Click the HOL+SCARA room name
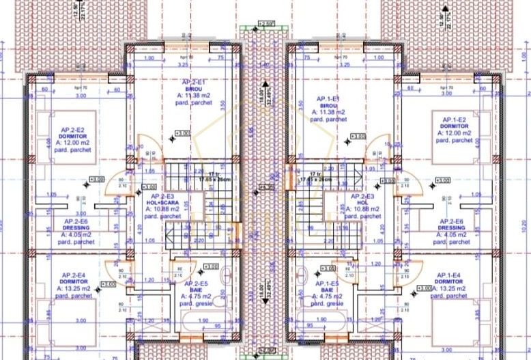(x=160, y=203)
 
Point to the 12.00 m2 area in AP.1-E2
(x=453, y=133)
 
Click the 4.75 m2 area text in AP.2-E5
(x=196, y=296)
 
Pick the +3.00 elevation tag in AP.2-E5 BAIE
(x=210, y=266)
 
